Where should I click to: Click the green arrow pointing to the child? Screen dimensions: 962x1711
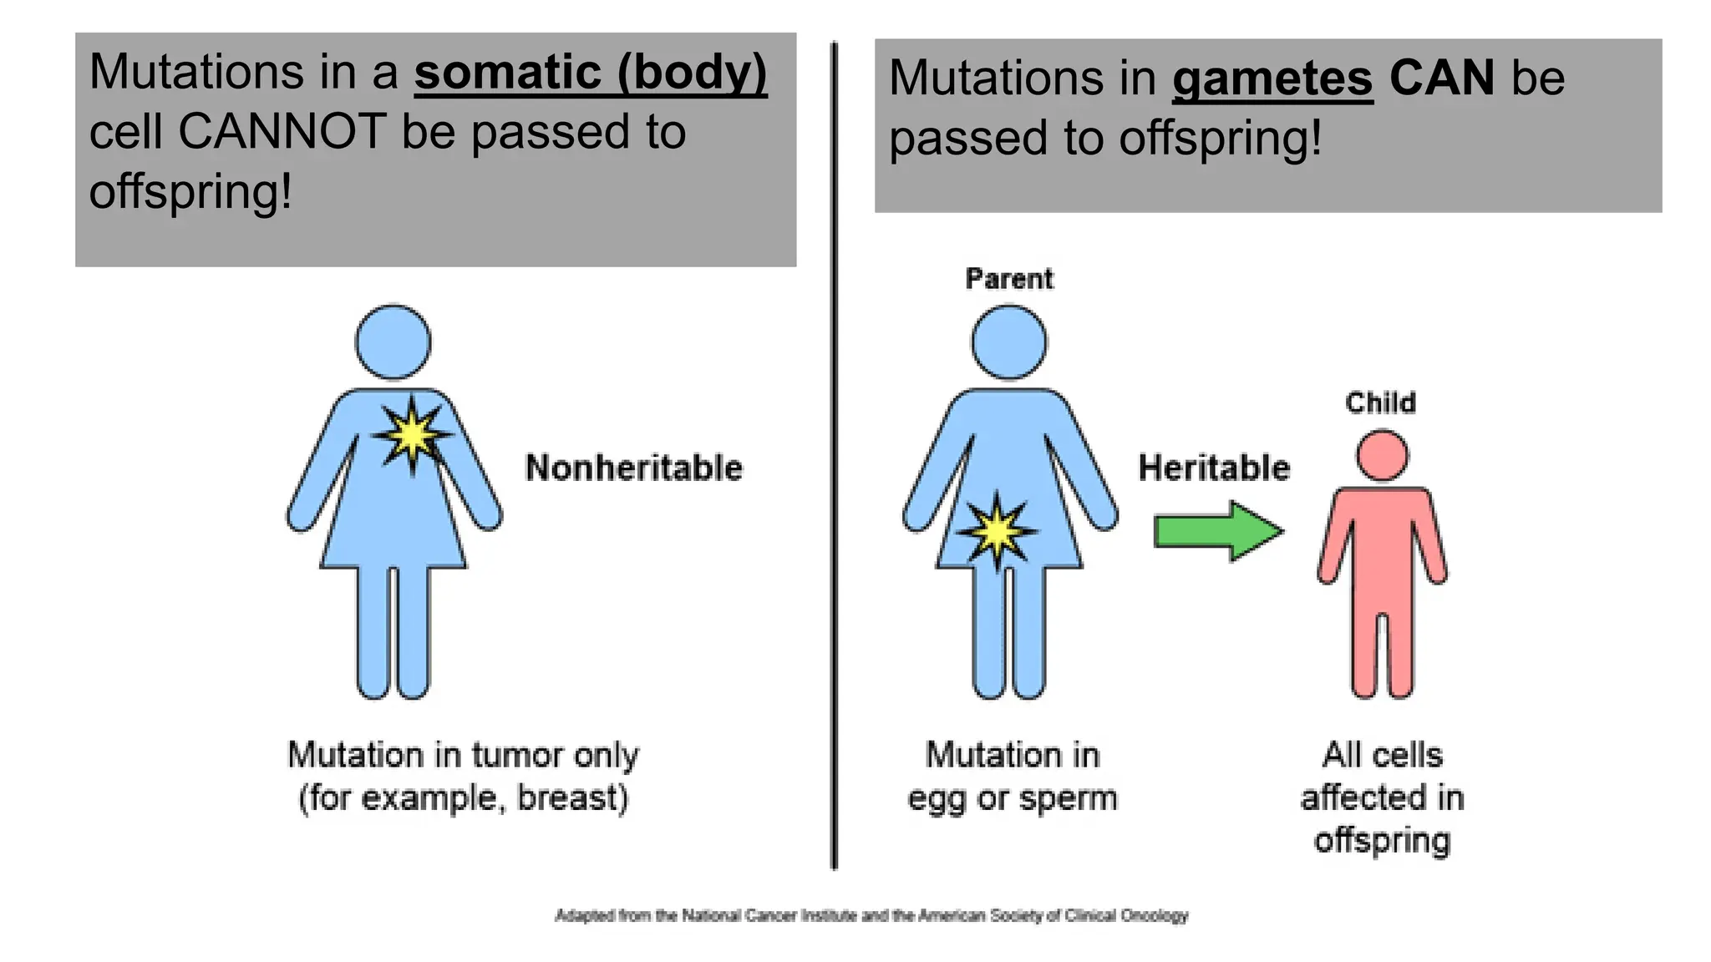(x=1218, y=531)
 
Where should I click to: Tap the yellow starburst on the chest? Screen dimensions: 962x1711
(x=412, y=435)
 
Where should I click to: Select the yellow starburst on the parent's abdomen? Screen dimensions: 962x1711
(x=997, y=531)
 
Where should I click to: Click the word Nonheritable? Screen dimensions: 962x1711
(x=633, y=468)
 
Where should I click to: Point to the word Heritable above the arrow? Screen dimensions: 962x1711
(x=1214, y=468)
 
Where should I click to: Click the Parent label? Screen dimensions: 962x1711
(x=1009, y=279)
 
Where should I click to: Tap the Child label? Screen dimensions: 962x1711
(x=1380, y=403)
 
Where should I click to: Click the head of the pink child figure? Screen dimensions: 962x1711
(x=1382, y=455)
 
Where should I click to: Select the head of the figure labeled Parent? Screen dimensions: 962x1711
(x=1009, y=342)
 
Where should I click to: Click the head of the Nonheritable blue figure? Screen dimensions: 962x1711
(x=393, y=342)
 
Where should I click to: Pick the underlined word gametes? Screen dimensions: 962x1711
(x=1272, y=78)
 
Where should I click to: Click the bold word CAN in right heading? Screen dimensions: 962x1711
(x=1442, y=78)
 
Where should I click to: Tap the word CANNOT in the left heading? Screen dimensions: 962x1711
(x=282, y=132)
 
